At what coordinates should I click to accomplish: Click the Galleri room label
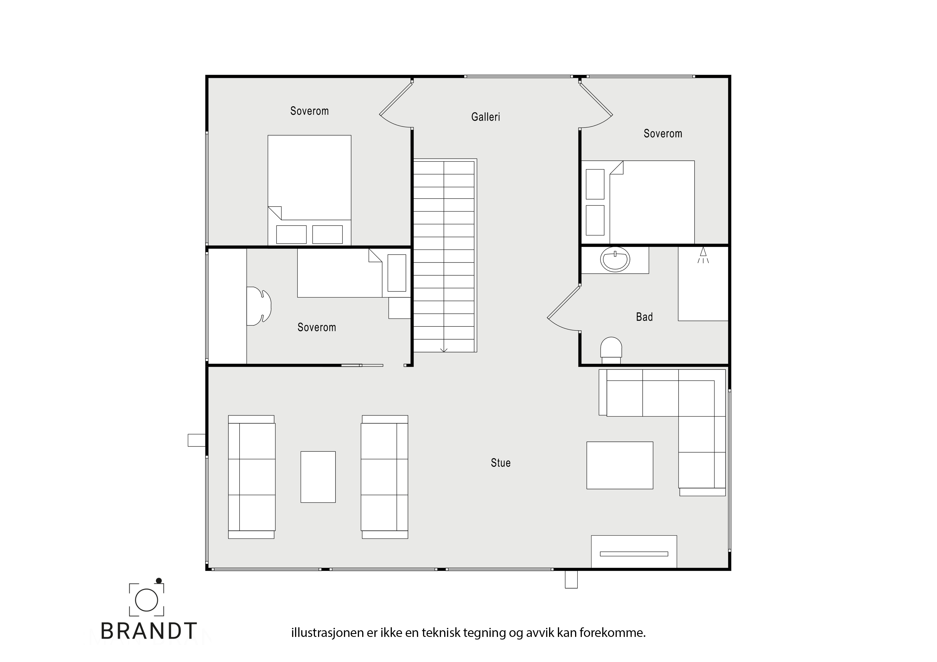485,117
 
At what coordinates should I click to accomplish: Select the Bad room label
645,317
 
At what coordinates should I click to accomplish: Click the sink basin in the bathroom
615,259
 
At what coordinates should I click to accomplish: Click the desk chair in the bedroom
259,306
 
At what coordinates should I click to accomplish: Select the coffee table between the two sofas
318,477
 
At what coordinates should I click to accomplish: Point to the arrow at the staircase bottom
444,350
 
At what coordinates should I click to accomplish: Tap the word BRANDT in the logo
149,631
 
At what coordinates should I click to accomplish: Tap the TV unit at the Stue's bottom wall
634,551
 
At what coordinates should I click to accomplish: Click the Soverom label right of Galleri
663,134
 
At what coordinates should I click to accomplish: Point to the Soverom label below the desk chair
317,328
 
